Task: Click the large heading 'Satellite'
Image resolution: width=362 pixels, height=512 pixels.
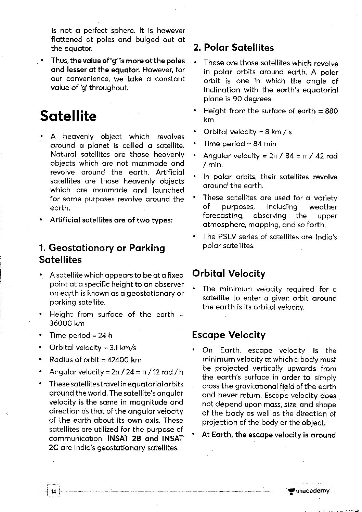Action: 68,116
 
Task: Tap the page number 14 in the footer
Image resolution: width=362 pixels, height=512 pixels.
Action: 53,491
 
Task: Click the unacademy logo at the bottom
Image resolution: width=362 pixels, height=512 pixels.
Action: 309,491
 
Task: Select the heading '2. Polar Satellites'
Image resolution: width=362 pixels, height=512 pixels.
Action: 233,48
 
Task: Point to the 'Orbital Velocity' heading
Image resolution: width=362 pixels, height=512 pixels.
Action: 229,273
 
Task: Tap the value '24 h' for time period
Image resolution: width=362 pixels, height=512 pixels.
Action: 105,335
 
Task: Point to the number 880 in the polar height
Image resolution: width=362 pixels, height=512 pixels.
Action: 331,111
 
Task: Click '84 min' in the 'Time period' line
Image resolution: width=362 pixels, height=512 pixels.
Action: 264,144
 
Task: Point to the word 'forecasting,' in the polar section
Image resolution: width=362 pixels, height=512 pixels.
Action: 223,216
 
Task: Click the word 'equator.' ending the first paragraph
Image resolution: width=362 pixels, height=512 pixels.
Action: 72,49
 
